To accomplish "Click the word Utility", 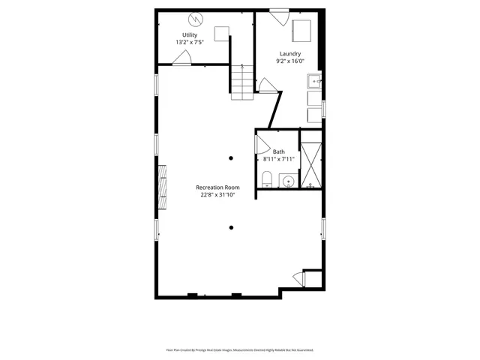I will pyautogui.click(x=190, y=35).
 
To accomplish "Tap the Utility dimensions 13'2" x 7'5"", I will pyautogui.click(x=190, y=43).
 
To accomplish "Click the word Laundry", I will pyautogui.click(x=290, y=53).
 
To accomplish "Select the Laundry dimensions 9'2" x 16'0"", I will pyautogui.click(x=290, y=61).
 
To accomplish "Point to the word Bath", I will pyautogui.click(x=278, y=151).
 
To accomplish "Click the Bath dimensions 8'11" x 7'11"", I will pyautogui.click(x=278, y=159).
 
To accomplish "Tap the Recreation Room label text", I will pyautogui.click(x=217, y=187).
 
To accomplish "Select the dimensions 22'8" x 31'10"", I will pyautogui.click(x=217, y=195).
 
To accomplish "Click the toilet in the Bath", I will pyautogui.click(x=266, y=178).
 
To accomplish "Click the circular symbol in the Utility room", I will pyautogui.click(x=196, y=18).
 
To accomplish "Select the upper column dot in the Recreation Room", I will pyautogui.click(x=231, y=157).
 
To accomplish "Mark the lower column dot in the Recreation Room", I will pyautogui.click(x=231, y=228).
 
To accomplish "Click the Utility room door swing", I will pyautogui.click(x=182, y=60).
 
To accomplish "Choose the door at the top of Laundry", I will pyautogui.click(x=279, y=15).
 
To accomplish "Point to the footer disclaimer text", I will pyautogui.click(x=239, y=350).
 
